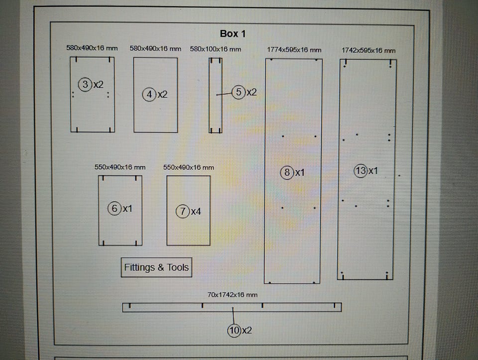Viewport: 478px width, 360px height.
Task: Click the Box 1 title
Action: [x=233, y=34]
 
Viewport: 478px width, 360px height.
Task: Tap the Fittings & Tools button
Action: [x=156, y=267]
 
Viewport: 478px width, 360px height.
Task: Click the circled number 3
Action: [x=86, y=85]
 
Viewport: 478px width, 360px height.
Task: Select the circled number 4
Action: [x=149, y=94]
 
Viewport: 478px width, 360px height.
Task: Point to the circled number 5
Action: [x=239, y=92]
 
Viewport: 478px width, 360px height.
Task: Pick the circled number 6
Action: [x=115, y=209]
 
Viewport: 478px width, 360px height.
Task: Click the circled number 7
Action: [x=183, y=212]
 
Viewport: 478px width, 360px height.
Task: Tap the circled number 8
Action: [x=287, y=173]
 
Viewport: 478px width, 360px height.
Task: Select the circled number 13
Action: [x=360, y=171]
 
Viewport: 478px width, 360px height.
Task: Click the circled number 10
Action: [x=234, y=330]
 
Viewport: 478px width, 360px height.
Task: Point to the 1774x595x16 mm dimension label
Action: [x=294, y=50]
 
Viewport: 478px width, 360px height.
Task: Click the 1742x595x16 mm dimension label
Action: [x=368, y=50]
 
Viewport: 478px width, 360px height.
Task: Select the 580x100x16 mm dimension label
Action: [x=216, y=49]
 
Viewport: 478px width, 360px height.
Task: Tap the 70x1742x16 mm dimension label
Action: [x=233, y=295]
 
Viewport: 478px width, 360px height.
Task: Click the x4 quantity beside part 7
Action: [x=196, y=212]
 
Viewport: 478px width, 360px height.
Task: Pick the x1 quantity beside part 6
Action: [x=127, y=209]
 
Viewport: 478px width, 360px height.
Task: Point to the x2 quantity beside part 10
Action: [x=246, y=330]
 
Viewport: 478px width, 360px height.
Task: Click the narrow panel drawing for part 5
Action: [x=215, y=95]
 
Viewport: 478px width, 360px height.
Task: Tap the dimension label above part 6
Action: [x=120, y=167]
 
